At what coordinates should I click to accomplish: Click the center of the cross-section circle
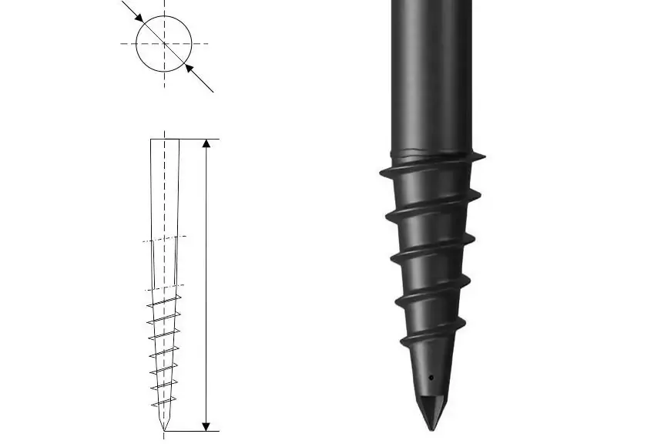point(163,44)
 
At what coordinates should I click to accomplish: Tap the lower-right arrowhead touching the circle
point(188,69)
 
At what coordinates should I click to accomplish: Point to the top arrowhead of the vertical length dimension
point(206,145)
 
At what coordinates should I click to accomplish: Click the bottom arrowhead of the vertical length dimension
point(206,425)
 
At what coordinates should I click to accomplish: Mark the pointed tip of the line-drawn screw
point(164,430)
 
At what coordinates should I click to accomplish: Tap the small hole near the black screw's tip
point(431,378)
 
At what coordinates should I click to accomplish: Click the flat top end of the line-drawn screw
point(164,140)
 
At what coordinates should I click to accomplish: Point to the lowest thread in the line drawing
point(163,402)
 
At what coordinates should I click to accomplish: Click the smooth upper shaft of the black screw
point(431,69)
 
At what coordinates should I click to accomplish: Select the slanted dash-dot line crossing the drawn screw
point(165,239)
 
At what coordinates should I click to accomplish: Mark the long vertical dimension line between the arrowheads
point(206,285)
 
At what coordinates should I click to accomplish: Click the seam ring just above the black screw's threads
point(431,150)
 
